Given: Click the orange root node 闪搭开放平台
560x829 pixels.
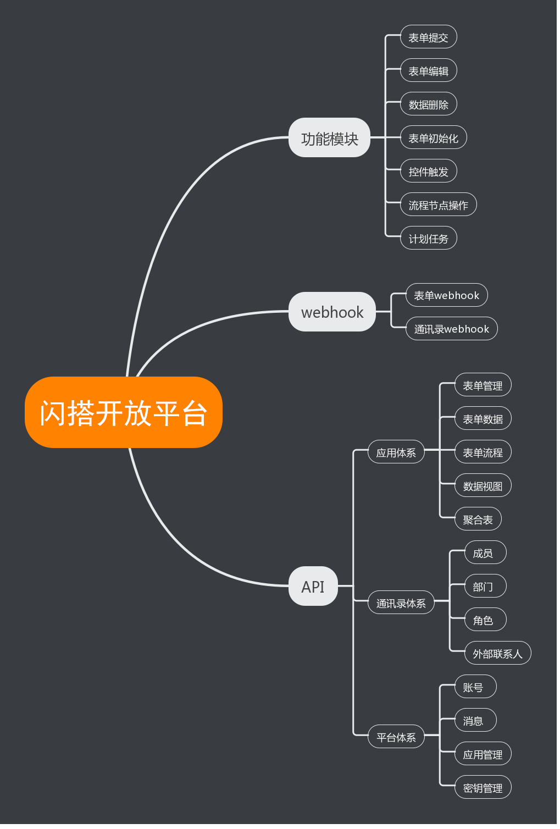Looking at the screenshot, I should click(x=124, y=413).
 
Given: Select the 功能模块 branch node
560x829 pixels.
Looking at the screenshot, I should click(x=330, y=138).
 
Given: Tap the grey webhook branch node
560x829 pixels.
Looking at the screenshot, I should click(x=332, y=312).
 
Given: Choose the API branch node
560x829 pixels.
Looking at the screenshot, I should click(x=313, y=587).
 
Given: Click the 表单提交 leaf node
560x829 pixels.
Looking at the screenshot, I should click(x=428, y=37).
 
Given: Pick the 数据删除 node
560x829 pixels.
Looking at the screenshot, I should click(x=428, y=104).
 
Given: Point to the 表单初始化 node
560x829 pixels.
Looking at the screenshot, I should click(x=433, y=138).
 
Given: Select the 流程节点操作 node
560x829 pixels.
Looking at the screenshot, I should click(x=438, y=205).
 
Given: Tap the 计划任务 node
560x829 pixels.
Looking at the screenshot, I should click(x=428, y=239).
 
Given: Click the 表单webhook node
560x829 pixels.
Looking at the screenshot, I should click(x=446, y=295).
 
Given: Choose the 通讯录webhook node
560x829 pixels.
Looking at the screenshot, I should click(x=451, y=329).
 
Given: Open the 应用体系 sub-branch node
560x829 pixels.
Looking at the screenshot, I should click(x=396, y=452).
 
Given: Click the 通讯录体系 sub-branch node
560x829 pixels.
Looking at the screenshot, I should click(x=401, y=603).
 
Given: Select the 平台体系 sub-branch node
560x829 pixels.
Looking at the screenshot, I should click(x=396, y=737).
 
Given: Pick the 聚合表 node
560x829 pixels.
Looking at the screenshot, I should click(x=478, y=519).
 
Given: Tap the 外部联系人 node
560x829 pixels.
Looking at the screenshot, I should click(x=497, y=654).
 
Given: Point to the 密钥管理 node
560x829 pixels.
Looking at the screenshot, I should click(x=483, y=788).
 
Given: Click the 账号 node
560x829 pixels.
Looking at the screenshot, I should click(x=475, y=687).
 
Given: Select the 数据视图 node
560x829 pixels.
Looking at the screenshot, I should click(x=483, y=486).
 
